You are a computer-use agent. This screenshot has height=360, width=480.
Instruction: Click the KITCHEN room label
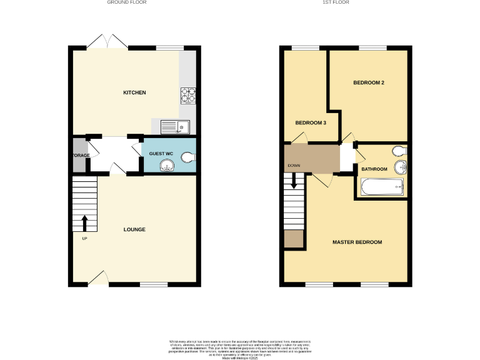tap(134, 92)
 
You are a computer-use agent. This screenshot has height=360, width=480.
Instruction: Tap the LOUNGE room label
tap(134, 229)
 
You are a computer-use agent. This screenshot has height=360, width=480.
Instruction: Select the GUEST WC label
tap(161, 153)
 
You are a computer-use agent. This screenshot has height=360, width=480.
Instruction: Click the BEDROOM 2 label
tap(368, 82)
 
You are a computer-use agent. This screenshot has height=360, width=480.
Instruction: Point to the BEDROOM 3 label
tap(311, 122)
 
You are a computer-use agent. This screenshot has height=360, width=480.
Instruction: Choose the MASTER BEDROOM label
tap(357, 242)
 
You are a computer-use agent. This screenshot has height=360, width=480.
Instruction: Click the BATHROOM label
tap(374, 169)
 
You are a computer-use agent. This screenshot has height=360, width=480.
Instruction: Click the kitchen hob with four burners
tap(188, 95)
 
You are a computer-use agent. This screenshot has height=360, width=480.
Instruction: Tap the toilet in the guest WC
tap(187, 159)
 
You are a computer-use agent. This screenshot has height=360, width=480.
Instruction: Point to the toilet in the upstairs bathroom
tap(397, 151)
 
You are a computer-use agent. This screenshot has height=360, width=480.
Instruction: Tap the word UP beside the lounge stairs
tap(84, 238)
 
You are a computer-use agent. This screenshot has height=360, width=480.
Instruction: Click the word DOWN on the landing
tap(294, 166)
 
